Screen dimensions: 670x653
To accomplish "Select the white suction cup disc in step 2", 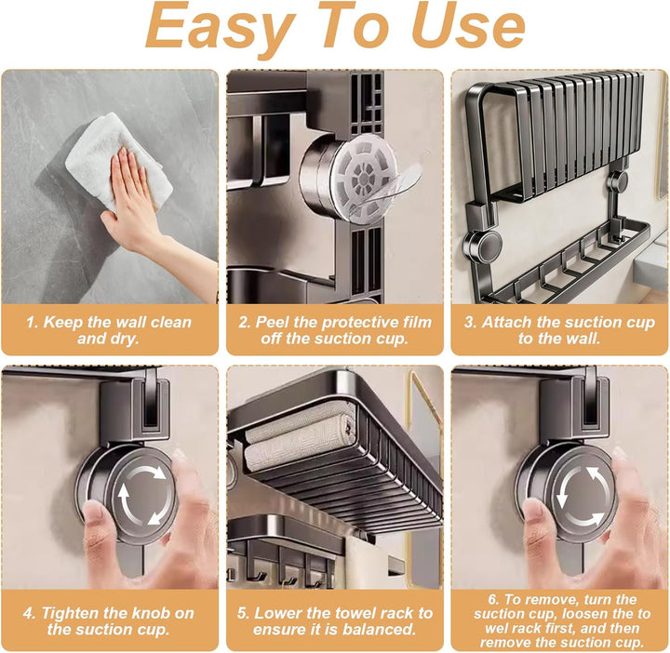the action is click(x=362, y=178).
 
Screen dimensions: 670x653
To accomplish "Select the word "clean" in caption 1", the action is click(x=171, y=322).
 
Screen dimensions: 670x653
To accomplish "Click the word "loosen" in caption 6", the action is click(x=597, y=614).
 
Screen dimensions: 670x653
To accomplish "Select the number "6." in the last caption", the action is click(x=494, y=600).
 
